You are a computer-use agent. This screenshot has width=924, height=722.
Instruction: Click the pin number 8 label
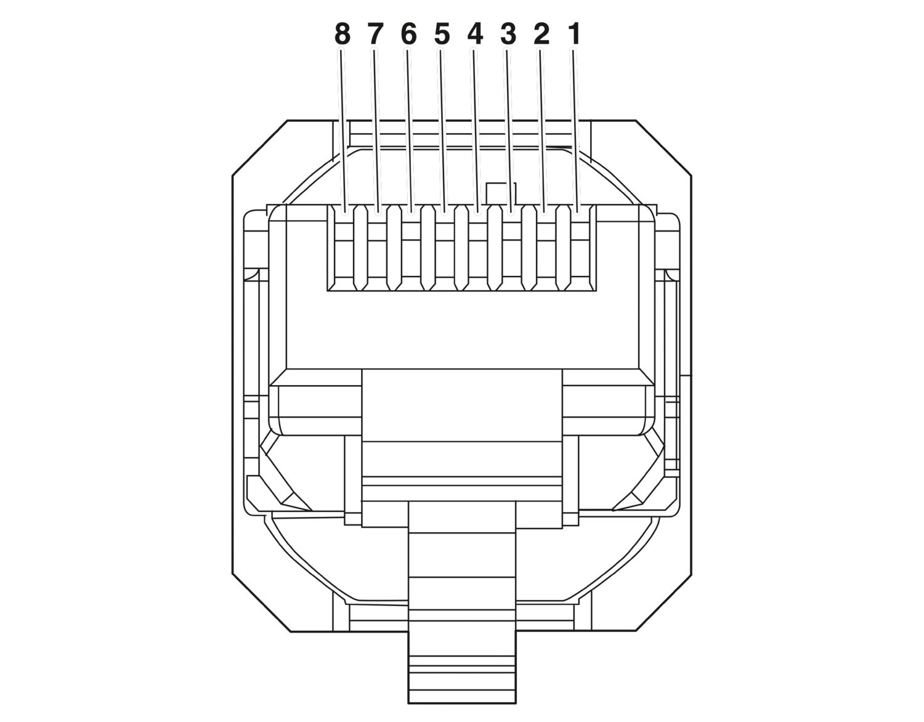342,35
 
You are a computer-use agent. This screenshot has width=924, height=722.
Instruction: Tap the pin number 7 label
375,35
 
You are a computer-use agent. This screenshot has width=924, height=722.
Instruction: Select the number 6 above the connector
408,35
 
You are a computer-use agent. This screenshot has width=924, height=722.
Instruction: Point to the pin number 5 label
442,35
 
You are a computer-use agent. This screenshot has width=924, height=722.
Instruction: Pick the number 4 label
475,35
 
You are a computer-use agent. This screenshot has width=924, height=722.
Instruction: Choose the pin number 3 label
508,35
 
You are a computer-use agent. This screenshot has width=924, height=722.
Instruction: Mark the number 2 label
541,35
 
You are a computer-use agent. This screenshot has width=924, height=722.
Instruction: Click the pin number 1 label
574,35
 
